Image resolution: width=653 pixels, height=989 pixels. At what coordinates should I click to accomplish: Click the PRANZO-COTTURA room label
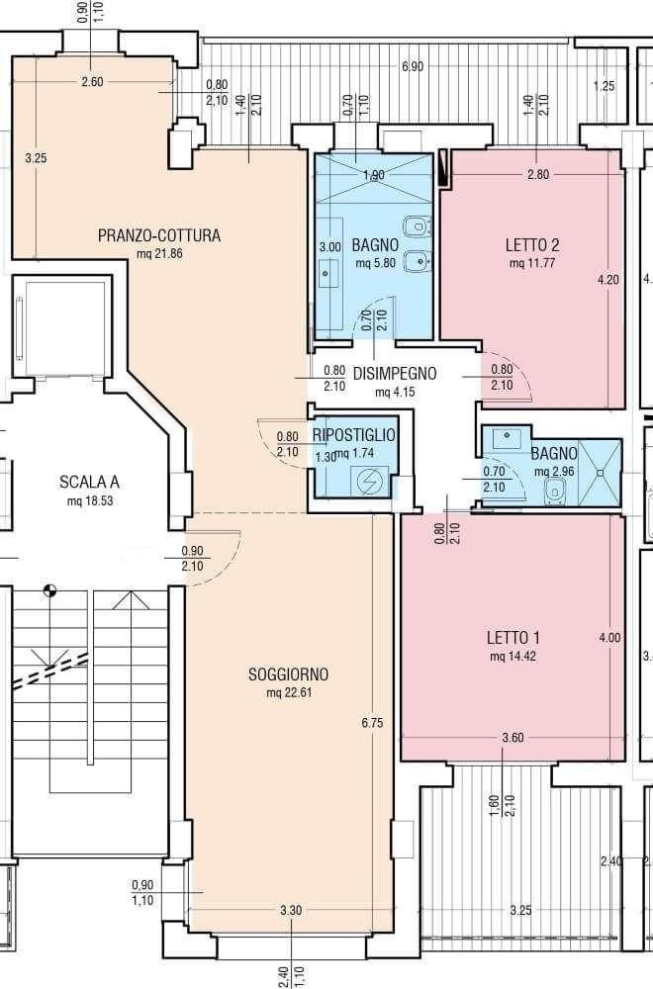(159, 236)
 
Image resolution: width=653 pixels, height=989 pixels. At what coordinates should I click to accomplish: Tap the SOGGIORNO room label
(288, 674)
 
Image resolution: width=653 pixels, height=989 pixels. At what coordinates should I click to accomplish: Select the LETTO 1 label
(513, 637)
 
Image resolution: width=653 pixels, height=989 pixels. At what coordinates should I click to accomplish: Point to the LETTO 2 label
(532, 244)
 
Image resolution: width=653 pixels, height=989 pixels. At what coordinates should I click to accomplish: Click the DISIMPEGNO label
(395, 374)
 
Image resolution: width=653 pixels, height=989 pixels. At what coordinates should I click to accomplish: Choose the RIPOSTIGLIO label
(354, 434)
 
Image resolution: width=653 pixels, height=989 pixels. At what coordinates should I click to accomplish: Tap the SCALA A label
(90, 483)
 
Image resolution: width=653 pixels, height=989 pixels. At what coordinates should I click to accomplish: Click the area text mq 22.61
(290, 693)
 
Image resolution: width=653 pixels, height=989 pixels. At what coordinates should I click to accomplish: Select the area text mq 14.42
(513, 656)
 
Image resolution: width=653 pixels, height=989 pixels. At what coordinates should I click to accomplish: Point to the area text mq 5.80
(375, 263)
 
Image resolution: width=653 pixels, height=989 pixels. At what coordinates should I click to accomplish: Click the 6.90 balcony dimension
(413, 67)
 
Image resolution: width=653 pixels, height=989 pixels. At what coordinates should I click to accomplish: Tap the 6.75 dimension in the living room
(372, 724)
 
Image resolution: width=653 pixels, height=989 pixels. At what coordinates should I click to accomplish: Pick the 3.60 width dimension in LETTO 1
(513, 738)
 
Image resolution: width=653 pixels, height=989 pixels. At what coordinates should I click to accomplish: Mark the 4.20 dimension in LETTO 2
(608, 280)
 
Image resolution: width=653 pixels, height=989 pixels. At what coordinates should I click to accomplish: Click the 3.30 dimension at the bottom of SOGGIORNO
(291, 910)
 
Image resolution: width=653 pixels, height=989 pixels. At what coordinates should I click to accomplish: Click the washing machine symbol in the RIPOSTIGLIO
(366, 482)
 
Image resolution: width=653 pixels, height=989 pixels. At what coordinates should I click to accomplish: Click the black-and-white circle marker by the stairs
(49, 591)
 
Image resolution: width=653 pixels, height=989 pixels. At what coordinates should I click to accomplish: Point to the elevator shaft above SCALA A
(62, 327)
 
